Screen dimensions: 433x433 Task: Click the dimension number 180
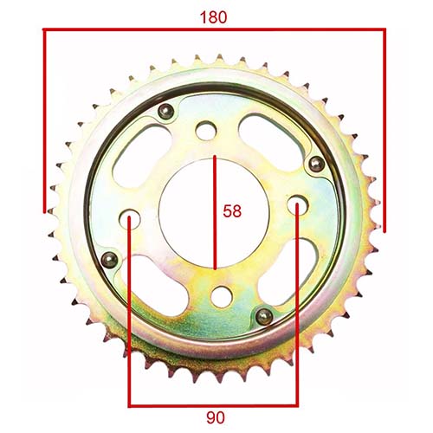pos(214,16)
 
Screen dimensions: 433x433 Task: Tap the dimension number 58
pos(233,210)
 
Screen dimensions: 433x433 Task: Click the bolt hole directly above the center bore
pos(205,131)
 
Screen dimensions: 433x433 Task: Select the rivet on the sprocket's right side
pos(317,165)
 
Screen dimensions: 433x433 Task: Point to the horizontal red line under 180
pos(214,29)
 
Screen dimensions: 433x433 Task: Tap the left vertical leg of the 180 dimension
pos(43,121)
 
